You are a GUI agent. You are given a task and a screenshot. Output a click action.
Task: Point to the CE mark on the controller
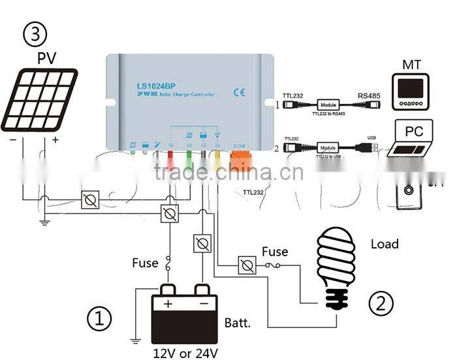click(238, 92)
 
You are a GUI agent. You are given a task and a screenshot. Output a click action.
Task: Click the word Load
click(385, 244)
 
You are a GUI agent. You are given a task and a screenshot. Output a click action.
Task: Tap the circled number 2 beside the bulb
click(381, 302)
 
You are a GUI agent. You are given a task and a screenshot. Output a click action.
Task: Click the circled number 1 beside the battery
click(99, 319)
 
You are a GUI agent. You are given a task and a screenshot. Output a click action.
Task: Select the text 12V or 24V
click(186, 353)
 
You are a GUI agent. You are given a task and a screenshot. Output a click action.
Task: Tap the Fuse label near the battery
click(145, 263)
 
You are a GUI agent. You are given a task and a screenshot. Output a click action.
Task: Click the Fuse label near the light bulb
click(275, 252)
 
